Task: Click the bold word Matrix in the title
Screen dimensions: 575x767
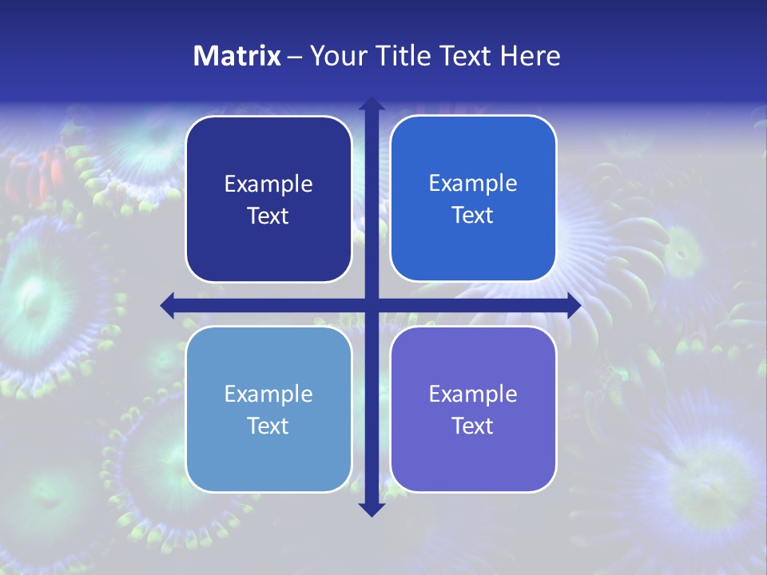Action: [237, 56]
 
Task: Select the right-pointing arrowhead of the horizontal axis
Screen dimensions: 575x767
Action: [573, 305]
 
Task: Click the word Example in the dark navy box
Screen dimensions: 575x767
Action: [268, 184]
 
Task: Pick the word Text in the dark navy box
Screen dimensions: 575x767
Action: [268, 216]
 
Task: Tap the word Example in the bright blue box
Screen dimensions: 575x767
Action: [473, 184]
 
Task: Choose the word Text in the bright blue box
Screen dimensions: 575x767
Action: [473, 216]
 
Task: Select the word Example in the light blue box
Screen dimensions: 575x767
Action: [268, 395]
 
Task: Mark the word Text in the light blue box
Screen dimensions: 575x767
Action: [268, 426]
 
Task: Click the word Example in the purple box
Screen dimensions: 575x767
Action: [473, 395]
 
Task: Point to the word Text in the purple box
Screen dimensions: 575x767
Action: [473, 426]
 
